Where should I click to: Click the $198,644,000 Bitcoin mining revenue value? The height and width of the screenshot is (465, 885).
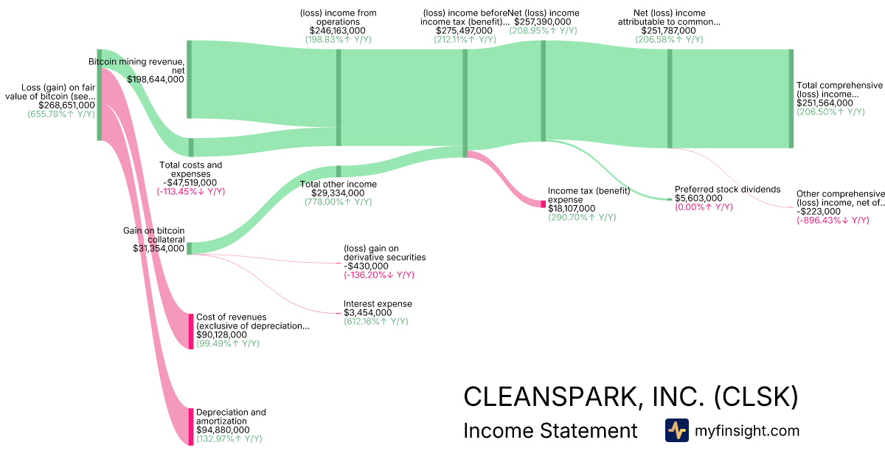pyautogui.click(x=156, y=79)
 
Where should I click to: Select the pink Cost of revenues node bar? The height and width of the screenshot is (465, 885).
pyautogui.click(x=191, y=331)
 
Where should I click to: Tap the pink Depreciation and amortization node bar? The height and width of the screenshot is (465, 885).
pyautogui.click(x=191, y=426)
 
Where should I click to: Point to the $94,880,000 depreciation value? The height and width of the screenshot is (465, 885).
pyautogui.click(x=223, y=430)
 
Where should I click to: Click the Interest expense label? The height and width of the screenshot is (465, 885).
pyautogui.click(x=378, y=303)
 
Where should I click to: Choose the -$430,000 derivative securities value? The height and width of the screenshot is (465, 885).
pyautogui.click(x=366, y=266)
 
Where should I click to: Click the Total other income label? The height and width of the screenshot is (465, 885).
pyautogui.click(x=338, y=184)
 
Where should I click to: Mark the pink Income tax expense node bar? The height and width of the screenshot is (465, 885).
pyautogui.click(x=544, y=204)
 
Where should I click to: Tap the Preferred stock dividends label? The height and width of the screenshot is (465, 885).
pyautogui.click(x=727, y=189)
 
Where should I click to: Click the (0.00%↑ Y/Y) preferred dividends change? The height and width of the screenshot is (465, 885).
pyautogui.click(x=704, y=207)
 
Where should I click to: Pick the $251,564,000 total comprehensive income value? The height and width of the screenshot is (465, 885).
pyautogui.click(x=825, y=103)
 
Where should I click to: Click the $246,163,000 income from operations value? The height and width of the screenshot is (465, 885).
pyautogui.click(x=336, y=31)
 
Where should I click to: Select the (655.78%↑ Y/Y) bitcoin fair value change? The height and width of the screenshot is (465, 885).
pyautogui.click(x=61, y=114)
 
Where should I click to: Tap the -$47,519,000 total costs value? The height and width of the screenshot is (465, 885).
pyautogui.click(x=190, y=182)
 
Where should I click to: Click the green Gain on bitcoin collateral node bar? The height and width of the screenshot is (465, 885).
pyautogui.click(x=190, y=248)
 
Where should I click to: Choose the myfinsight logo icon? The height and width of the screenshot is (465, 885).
pyautogui.click(x=676, y=430)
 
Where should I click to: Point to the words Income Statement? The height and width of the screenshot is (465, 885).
pyautogui.click(x=550, y=430)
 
